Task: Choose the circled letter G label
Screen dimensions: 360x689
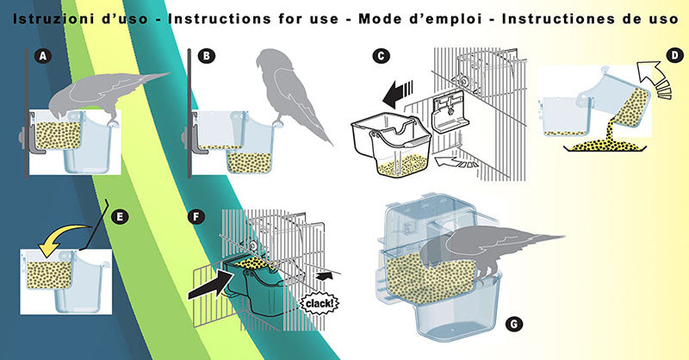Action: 513,323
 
